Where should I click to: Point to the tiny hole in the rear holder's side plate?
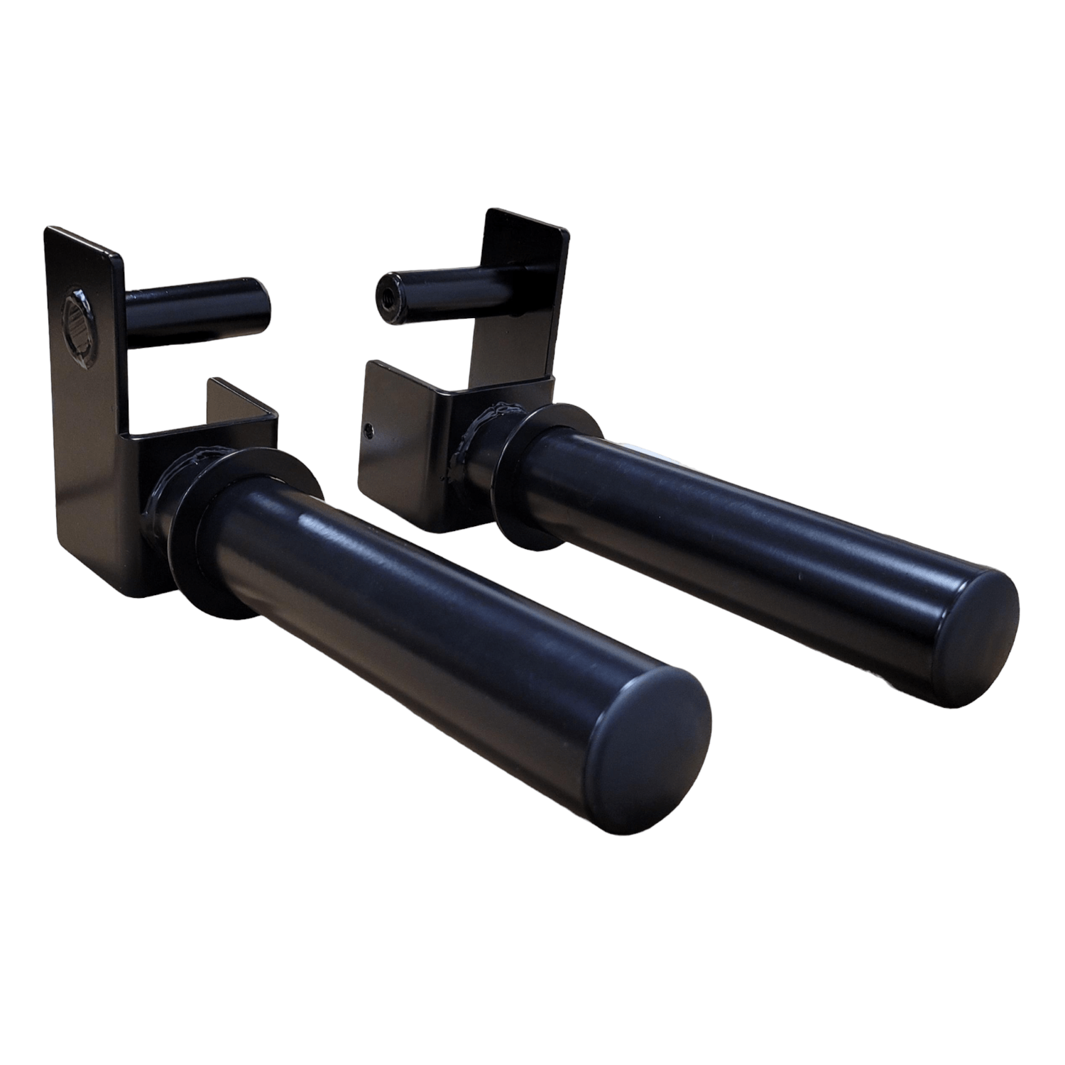(x=368, y=427)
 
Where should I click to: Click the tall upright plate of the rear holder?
(x=525, y=298)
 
